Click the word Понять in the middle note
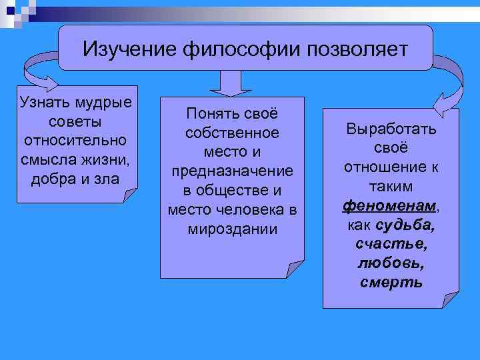point(207,115)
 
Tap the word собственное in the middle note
point(232,133)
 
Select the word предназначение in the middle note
point(232,171)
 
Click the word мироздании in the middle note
point(232,229)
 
